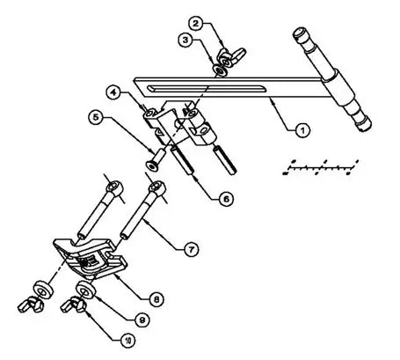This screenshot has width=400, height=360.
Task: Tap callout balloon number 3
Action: coord(185,40)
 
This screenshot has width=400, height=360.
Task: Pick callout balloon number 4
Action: coord(114,91)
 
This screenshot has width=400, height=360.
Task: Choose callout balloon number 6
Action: coord(227,200)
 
